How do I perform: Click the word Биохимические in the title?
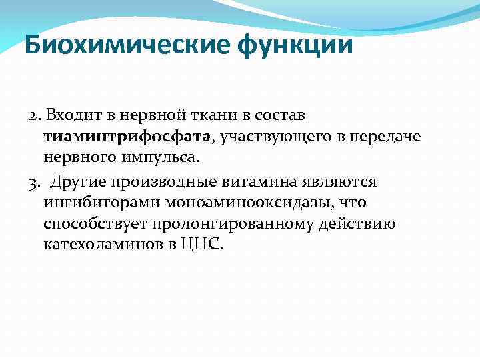tap(127, 47)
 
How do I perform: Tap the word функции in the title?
tap(296, 47)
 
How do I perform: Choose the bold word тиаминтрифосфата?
tap(125, 137)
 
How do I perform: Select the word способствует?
tap(88, 223)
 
